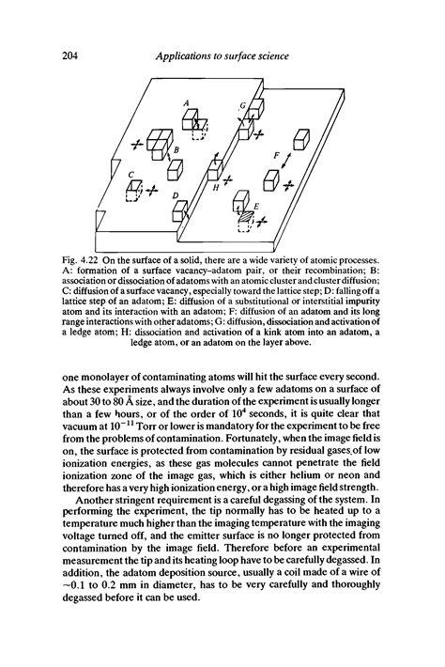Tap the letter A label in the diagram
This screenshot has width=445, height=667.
pyautogui.click(x=187, y=101)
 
